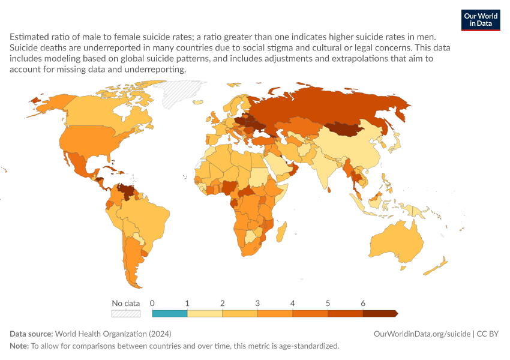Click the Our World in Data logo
point(481,20)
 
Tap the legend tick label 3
point(257,304)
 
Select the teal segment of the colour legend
point(169,313)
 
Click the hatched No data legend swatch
point(126,313)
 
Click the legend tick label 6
point(363,304)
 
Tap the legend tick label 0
point(152,304)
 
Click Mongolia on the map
point(344,129)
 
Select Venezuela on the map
point(127,191)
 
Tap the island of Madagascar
point(281,232)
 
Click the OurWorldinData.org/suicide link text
point(422,334)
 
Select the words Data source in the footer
point(31,334)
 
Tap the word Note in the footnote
point(19,346)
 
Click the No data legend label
point(126,304)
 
